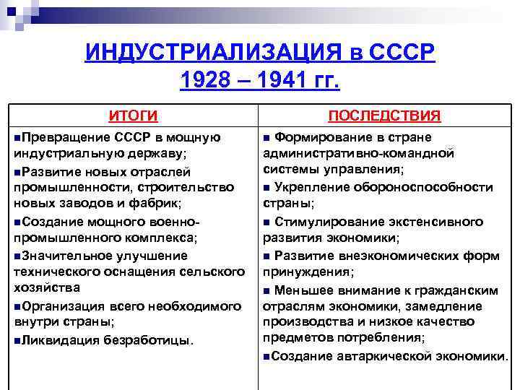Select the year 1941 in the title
click(279, 80)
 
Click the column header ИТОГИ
click(133, 116)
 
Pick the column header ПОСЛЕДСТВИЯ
click(384, 116)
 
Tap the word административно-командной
click(358, 153)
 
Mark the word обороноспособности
click(432, 187)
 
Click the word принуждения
click(308, 272)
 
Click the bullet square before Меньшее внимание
click(268, 290)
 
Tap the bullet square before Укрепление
click(268, 188)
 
